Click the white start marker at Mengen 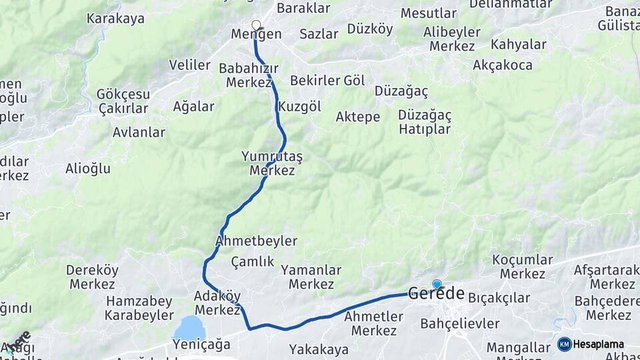click(x=256, y=25)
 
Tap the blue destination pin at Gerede click(x=437, y=284)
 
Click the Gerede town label click(x=436, y=293)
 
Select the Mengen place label click(x=256, y=34)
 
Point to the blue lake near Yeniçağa click(x=189, y=327)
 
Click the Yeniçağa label click(x=201, y=344)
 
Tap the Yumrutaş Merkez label click(x=272, y=163)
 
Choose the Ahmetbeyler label click(x=257, y=241)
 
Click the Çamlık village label click(x=253, y=261)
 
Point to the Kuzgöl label click(x=299, y=106)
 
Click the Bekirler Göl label click(x=327, y=81)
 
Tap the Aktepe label click(x=357, y=117)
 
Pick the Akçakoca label click(x=503, y=65)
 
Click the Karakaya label click(x=115, y=18)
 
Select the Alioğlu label click(x=87, y=169)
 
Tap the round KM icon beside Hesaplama click(x=564, y=344)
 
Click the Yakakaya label click(x=319, y=349)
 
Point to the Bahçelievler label click(x=460, y=323)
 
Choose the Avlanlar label click(x=139, y=132)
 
